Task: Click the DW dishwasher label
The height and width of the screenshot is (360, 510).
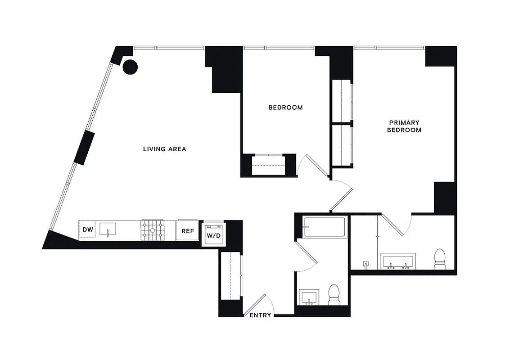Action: (88, 230)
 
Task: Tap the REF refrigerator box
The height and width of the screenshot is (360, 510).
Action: (188, 231)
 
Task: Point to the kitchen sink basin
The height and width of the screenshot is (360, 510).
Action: (108, 229)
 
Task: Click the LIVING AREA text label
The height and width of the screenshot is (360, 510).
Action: (164, 149)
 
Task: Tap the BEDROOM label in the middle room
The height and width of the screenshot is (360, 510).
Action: (285, 108)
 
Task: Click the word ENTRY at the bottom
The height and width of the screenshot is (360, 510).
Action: (260, 315)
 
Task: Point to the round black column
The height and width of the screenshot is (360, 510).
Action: (130, 67)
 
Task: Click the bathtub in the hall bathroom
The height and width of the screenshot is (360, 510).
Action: (324, 227)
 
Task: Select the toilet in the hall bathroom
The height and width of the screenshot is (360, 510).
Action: (334, 294)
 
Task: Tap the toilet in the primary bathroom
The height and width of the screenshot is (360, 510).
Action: (439, 260)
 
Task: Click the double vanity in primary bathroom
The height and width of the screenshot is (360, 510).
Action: (398, 261)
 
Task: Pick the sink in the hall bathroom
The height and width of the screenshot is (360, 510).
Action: (309, 297)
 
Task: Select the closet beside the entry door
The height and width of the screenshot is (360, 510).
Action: (230, 275)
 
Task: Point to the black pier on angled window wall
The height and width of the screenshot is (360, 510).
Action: (86, 148)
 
